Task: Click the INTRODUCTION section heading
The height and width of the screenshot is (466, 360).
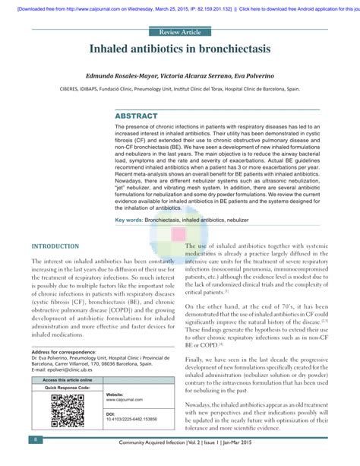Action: tap(55, 247)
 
